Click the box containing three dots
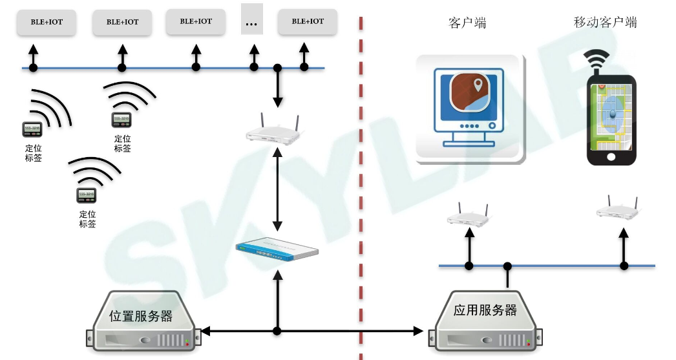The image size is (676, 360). pyautogui.click(x=251, y=21)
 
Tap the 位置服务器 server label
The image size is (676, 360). pyautogui.click(x=141, y=316)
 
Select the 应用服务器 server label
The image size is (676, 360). pyautogui.click(x=485, y=310)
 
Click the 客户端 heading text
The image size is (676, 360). pyautogui.click(x=467, y=23)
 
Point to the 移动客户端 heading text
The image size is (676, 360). pyautogui.click(x=605, y=23)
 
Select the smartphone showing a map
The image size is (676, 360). pyautogui.click(x=611, y=120)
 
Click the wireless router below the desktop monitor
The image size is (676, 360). pyautogui.click(x=468, y=216)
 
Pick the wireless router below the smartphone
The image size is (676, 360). pyautogui.click(x=617, y=209)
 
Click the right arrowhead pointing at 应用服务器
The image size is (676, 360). pyautogui.click(x=418, y=331)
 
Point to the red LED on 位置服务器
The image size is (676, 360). pyautogui.click(x=187, y=344)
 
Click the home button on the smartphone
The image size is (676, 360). pyautogui.click(x=611, y=157)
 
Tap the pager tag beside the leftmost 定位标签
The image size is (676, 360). pyautogui.click(x=32, y=129)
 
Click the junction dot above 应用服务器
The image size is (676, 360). pyautogui.click(x=508, y=266)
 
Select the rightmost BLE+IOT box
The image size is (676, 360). pyautogui.click(x=308, y=21)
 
